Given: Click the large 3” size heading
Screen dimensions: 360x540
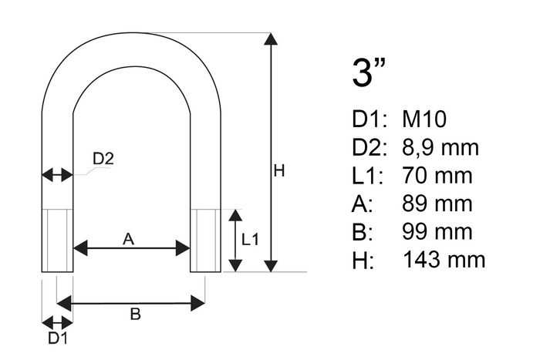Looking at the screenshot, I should click(368, 72).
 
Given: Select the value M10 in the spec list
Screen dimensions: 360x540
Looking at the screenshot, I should click(424, 119).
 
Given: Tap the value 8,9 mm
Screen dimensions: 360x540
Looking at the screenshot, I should click(440, 147).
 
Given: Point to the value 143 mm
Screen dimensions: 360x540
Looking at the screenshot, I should click(444, 260).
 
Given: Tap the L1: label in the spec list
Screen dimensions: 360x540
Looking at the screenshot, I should click(366, 176).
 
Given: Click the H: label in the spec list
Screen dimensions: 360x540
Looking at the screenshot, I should click(362, 260).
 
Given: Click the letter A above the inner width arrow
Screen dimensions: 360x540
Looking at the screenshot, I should click(129, 240).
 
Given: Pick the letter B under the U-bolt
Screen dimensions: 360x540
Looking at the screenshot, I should click(134, 314).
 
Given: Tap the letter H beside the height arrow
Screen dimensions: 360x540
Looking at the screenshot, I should click(279, 170).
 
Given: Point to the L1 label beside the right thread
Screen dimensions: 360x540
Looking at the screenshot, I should click(251, 240).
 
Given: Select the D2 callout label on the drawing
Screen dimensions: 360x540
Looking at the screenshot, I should click(103, 159).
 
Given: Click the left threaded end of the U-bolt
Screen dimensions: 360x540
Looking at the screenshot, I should click(57, 240).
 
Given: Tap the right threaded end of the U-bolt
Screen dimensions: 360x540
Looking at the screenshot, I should click(205, 240).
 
